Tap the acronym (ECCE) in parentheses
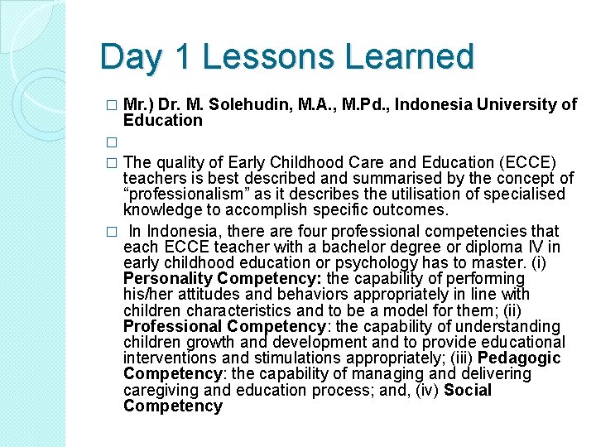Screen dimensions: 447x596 (525, 161)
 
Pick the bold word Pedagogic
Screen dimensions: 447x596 (519, 358)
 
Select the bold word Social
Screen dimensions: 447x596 (467, 390)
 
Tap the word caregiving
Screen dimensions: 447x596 (160, 390)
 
